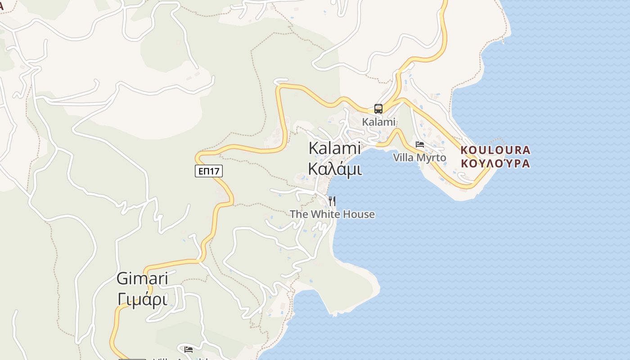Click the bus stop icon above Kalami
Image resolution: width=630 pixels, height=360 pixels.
pyautogui.click(x=378, y=108)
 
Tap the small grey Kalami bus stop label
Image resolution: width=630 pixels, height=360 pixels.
pyautogui.click(x=378, y=121)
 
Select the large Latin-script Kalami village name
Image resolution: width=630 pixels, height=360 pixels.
pyautogui.click(x=335, y=148)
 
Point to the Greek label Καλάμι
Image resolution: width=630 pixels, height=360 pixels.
pyautogui.click(x=335, y=168)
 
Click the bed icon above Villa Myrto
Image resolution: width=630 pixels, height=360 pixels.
pyautogui.click(x=420, y=144)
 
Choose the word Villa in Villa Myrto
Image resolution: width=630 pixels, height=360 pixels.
pyautogui.click(x=403, y=157)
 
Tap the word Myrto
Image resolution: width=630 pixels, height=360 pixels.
pyautogui.click(x=431, y=157)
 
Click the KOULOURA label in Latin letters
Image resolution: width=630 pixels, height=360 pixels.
pyautogui.click(x=495, y=150)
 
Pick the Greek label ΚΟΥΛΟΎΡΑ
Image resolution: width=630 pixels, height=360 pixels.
pyautogui.click(x=495, y=163)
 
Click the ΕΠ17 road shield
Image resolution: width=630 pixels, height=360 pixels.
pyautogui.click(x=209, y=171)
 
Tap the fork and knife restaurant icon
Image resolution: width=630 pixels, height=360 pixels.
pyautogui.click(x=332, y=201)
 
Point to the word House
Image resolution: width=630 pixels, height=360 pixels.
pyautogui.click(x=357, y=214)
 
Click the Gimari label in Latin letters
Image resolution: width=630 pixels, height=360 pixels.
pyautogui.click(x=142, y=279)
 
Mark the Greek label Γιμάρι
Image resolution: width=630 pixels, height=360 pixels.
pyautogui.click(x=142, y=299)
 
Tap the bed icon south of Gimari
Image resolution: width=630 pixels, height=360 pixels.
pyautogui.click(x=189, y=349)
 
